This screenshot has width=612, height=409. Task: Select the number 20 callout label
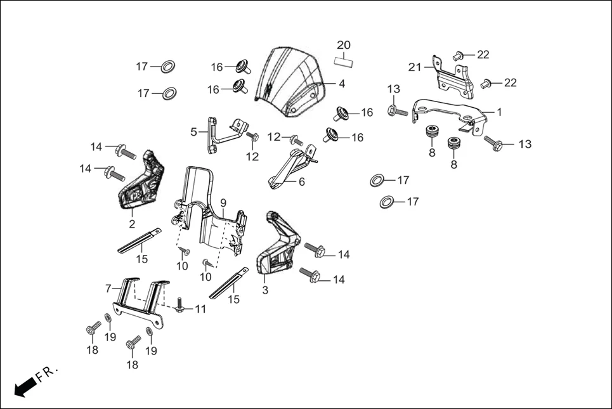click(x=343, y=45)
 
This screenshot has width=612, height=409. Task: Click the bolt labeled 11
click(x=179, y=307)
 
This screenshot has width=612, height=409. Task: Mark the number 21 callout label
click(x=415, y=67)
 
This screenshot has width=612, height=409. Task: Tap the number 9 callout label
click(x=223, y=203)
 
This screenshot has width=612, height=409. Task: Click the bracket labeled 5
click(x=219, y=133)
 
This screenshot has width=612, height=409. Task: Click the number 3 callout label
click(x=265, y=290)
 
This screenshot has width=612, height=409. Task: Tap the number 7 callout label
click(x=109, y=289)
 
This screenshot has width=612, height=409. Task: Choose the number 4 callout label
click(x=341, y=84)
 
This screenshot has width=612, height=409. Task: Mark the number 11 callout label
click(x=200, y=309)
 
